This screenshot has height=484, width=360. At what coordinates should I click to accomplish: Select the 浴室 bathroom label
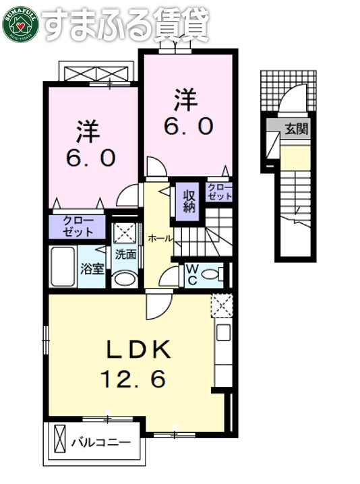click(x=92, y=269)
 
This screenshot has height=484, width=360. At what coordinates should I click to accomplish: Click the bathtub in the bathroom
click(x=63, y=267)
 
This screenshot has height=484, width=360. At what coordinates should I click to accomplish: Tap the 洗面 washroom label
click(x=125, y=255)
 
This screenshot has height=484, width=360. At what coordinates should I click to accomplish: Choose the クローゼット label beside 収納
click(x=219, y=192)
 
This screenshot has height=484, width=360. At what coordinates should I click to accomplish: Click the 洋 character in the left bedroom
click(x=84, y=127)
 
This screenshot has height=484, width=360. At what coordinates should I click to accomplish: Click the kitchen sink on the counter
click(x=222, y=332)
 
